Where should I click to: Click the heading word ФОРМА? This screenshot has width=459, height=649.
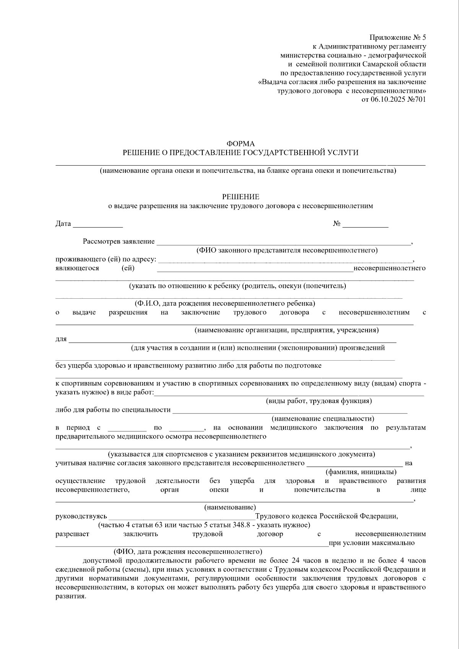(240, 144)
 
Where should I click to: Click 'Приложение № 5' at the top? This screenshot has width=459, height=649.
(397, 37)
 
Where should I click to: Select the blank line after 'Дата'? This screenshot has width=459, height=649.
(98, 226)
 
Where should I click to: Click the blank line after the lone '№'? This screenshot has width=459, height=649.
(365, 226)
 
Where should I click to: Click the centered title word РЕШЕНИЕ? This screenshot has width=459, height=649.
(241, 197)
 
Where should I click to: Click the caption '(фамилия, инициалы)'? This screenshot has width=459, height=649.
(361, 472)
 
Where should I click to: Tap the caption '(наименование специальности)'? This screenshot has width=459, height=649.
(323, 419)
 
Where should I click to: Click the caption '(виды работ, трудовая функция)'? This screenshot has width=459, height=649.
(319, 401)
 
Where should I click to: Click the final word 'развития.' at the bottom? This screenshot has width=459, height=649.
(71, 596)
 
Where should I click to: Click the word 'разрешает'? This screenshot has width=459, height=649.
(72, 534)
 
